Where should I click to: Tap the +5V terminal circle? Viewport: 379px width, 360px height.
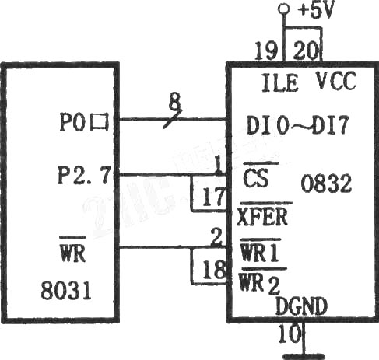pyautogui.click(x=284, y=9)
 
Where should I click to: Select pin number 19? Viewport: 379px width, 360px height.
pyautogui.click(x=265, y=51)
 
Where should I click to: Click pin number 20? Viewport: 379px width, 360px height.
pyautogui.click(x=306, y=51)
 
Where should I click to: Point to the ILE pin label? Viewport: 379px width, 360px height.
pyautogui.click(x=279, y=82)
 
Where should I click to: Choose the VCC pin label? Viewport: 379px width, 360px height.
pyautogui.click(x=335, y=81)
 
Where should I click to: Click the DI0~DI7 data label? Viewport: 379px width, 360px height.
pyautogui.click(x=297, y=125)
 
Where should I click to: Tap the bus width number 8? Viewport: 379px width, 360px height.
pyautogui.click(x=174, y=101)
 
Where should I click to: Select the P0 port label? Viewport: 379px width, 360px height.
pyautogui.click(x=83, y=121)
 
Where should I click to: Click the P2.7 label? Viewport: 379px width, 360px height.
pyautogui.click(x=84, y=175)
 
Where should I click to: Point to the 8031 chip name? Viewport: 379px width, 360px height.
pyautogui.click(x=66, y=290)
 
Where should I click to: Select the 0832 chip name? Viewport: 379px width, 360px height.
pyautogui.click(x=326, y=183)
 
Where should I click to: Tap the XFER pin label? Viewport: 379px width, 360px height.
pyautogui.click(x=262, y=217)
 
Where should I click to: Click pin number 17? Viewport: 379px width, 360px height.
pyautogui.click(x=213, y=197)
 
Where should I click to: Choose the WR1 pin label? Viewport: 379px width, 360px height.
pyautogui.click(x=259, y=250)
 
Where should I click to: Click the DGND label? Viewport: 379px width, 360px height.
pyautogui.click(x=301, y=306)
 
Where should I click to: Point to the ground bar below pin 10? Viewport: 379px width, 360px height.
pyautogui.click(x=304, y=357)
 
